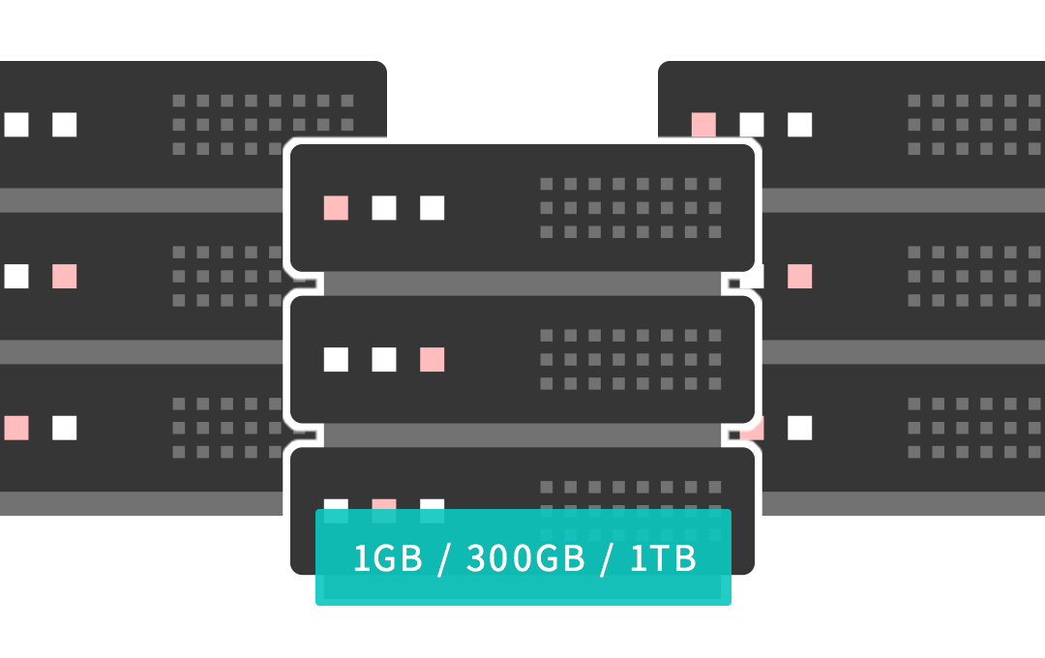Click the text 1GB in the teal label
point(387,559)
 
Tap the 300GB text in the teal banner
point(525,559)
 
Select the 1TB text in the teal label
point(663,559)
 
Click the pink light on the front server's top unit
point(336,208)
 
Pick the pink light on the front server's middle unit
point(433,360)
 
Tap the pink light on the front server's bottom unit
point(384,505)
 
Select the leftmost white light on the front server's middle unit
point(336,360)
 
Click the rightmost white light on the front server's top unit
point(433,208)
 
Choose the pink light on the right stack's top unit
point(703,125)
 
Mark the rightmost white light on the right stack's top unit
point(800,125)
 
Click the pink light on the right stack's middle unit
point(800,277)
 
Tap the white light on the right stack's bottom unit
point(800,428)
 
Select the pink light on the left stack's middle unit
point(65,277)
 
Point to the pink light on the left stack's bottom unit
point(16,428)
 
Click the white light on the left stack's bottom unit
point(65,428)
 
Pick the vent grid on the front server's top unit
point(630,208)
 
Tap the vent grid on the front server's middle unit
point(630,360)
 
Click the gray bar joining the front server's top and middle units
point(522,284)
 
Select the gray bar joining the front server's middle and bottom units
point(522,435)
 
